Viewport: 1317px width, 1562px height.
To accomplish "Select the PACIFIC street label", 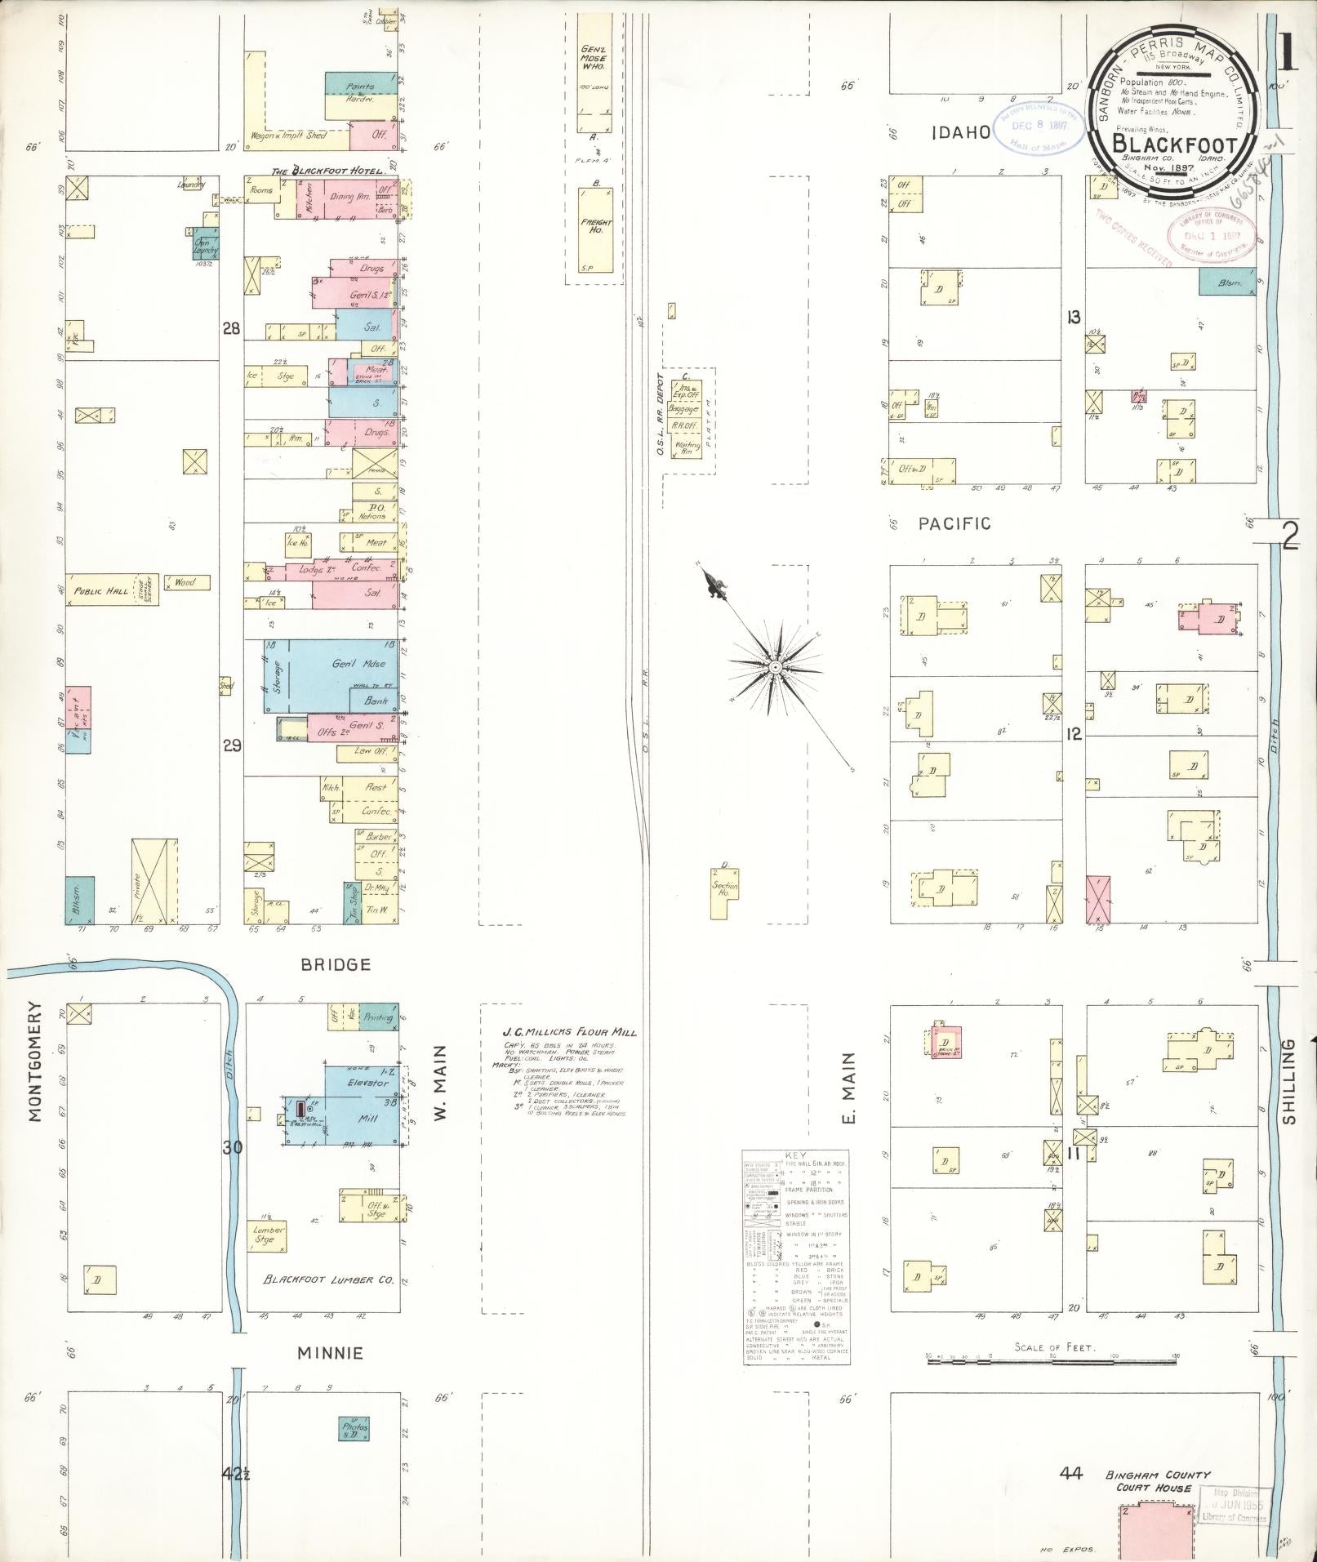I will [954, 523].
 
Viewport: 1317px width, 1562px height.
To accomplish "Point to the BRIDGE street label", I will [336, 964].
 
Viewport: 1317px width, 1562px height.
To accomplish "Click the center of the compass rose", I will [773, 667].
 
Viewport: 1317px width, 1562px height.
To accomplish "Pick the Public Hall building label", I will [101, 590].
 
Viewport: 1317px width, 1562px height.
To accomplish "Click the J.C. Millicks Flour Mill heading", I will [569, 1032].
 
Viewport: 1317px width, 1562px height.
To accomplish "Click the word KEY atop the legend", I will [795, 1155].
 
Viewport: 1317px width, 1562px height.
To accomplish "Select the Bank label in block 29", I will [374, 700].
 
